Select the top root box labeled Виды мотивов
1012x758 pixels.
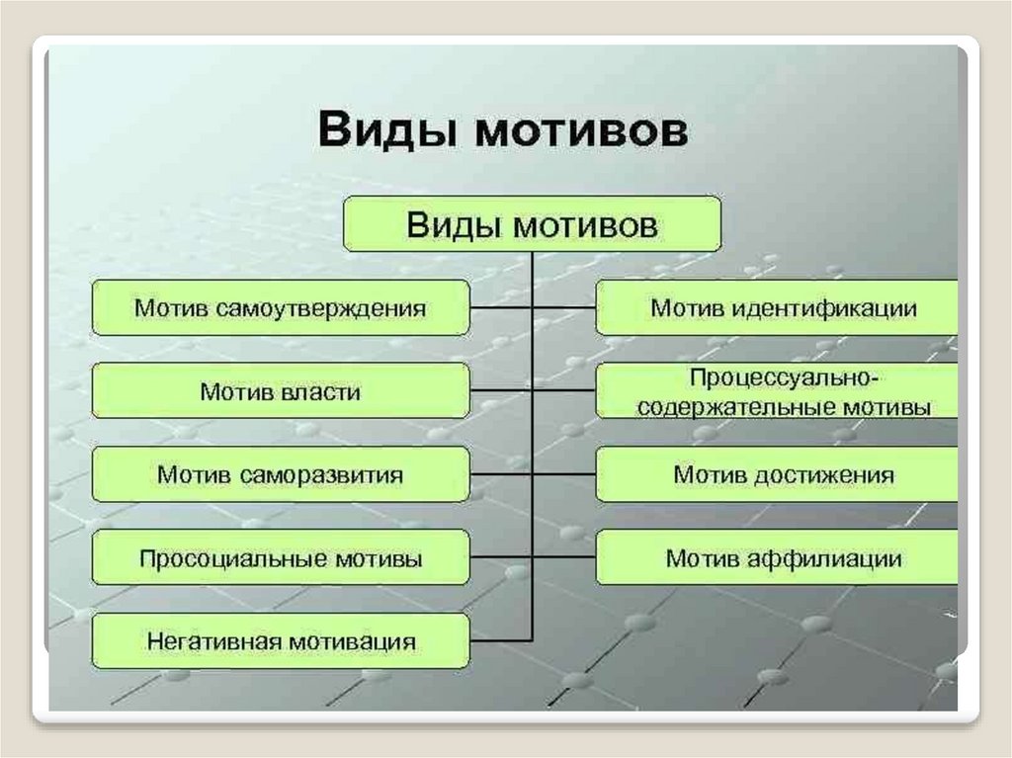pos(532,224)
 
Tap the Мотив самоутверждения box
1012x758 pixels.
pos(280,308)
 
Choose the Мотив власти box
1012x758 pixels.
pos(280,391)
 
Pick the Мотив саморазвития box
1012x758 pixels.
pos(280,474)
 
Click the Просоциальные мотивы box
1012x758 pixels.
pos(280,558)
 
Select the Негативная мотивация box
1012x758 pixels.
pos(280,641)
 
